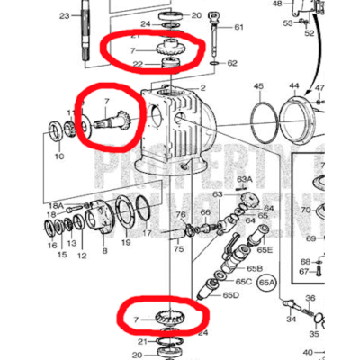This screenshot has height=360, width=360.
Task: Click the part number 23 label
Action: pyautogui.click(x=64, y=16)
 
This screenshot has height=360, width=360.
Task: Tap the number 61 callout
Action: pyautogui.click(x=239, y=27)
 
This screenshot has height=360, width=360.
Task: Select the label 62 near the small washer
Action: pyautogui.click(x=232, y=63)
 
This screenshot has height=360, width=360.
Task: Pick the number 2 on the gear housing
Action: pyautogui.click(x=203, y=87)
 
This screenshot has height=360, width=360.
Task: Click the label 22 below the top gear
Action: pyautogui.click(x=136, y=64)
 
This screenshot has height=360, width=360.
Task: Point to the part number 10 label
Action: pyautogui.click(x=59, y=157)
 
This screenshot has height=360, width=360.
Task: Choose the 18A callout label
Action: pyautogui.click(x=56, y=206)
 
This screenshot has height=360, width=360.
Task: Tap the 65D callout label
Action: pyautogui.click(x=231, y=295)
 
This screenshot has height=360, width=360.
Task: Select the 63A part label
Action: pyautogui.click(x=243, y=180)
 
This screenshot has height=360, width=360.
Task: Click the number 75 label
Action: pyautogui.click(x=176, y=256)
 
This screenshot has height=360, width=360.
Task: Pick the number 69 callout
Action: pyautogui.click(x=310, y=238)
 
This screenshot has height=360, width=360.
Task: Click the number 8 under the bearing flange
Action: pyautogui.click(x=103, y=253)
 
